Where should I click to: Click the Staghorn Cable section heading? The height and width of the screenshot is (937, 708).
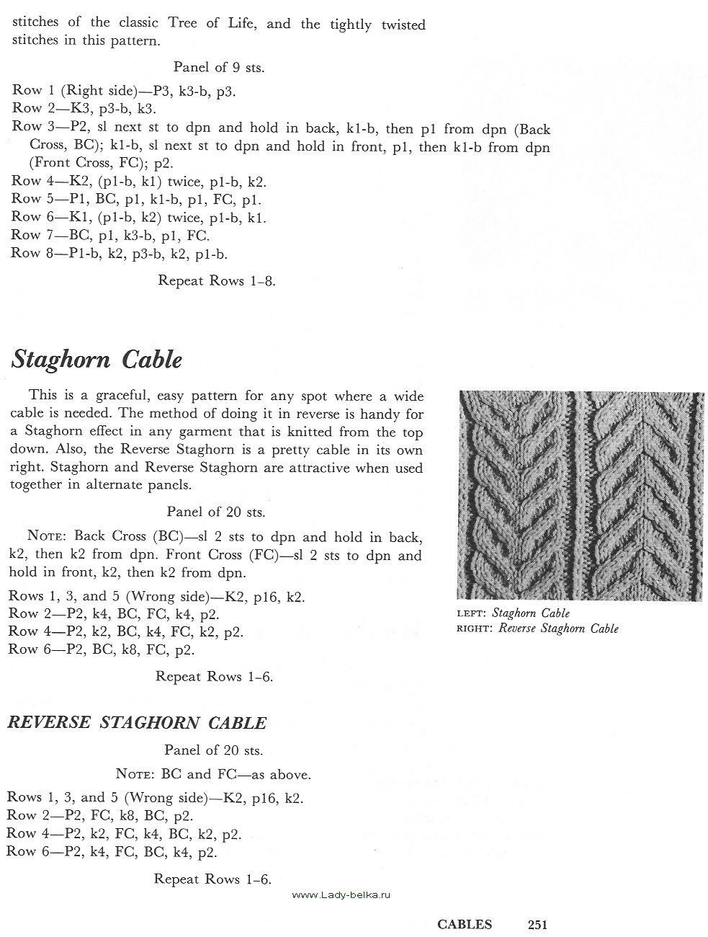click(97, 360)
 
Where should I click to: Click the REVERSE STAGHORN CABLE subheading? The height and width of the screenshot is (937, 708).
click(137, 723)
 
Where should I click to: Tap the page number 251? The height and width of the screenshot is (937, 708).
click(538, 925)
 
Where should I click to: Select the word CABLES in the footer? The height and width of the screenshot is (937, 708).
click(465, 925)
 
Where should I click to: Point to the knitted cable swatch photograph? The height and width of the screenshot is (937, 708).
click(580, 496)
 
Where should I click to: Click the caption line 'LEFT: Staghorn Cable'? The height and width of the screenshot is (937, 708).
click(513, 613)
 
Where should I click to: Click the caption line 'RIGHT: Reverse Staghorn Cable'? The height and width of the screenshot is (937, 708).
click(537, 629)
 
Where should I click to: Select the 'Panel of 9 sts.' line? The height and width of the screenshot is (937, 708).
click(218, 68)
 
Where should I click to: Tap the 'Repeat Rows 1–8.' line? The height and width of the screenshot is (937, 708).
click(216, 280)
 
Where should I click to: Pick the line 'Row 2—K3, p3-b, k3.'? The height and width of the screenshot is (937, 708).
click(84, 109)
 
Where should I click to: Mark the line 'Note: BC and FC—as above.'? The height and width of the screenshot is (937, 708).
click(213, 776)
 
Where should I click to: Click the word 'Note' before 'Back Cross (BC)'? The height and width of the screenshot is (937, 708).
click(47, 536)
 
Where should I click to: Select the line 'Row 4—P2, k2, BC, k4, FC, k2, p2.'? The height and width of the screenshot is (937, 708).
click(125, 632)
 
